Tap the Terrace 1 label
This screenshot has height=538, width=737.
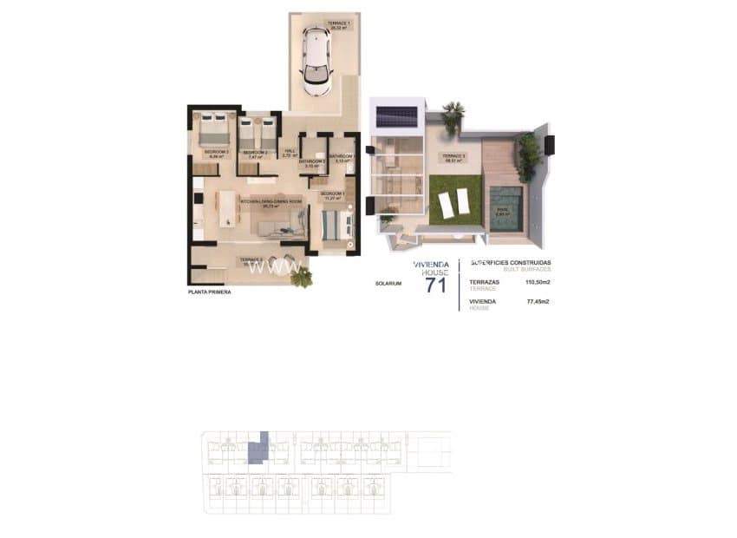(338, 24)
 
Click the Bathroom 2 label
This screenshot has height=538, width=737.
(311, 163)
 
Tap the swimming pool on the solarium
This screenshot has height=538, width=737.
(505, 207)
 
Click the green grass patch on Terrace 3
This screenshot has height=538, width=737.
(453, 198)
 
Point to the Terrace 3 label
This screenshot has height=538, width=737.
(454, 158)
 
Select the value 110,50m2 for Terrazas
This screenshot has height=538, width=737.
(538, 282)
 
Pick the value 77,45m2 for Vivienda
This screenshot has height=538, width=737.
(538, 301)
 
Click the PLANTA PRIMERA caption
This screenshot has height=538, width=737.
(211, 292)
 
